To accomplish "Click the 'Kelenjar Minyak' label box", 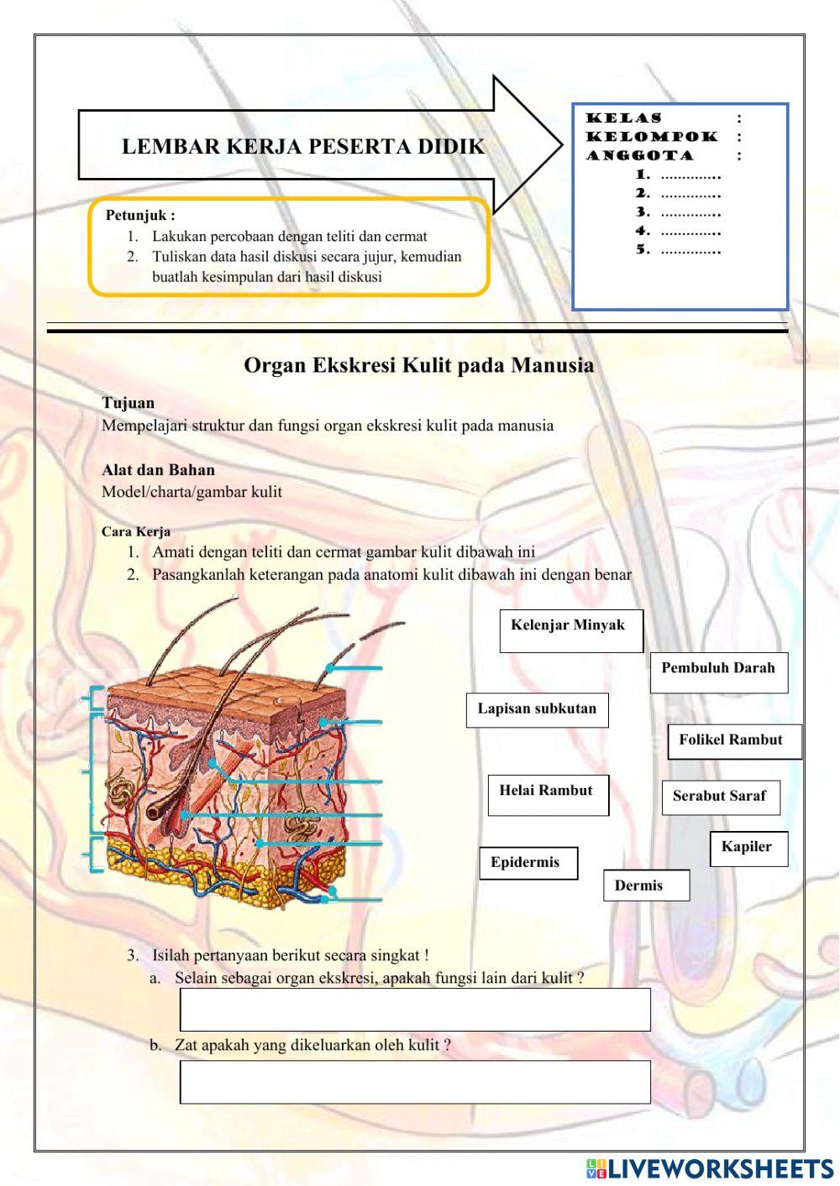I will [x=571, y=631].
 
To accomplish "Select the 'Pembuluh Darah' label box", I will [x=718, y=672].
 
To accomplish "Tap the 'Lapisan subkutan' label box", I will [x=537, y=710].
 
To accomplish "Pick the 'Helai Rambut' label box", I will [x=548, y=795].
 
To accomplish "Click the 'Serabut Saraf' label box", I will [x=721, y=797].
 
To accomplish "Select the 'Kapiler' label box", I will [x=748, y=849].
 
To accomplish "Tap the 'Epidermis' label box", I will [x=528, y=863].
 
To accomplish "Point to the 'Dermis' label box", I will [x=645, y=886].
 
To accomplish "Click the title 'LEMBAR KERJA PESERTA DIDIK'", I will [x=303, y=147].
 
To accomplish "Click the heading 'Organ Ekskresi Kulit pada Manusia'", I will [x=418, y=365].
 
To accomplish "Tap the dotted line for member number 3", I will [x=690, y=213].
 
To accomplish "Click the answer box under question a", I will [x=415, y=1009].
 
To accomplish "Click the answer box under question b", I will [x=415, y=1082].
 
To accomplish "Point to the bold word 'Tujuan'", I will [x=128, y=403].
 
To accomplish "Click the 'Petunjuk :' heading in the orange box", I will [x=140, y=216].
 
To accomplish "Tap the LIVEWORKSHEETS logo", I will [x=709, y=1168].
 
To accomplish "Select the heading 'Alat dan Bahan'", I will [x=158, y=470].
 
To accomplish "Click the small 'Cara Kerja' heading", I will [x=135, y=531].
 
